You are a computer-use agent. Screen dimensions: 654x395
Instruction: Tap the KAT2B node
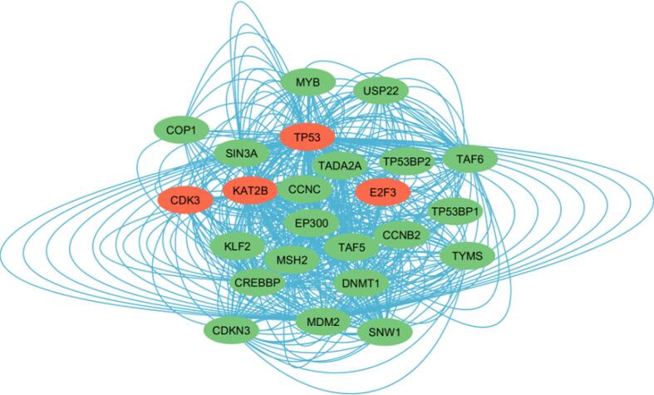(250, 190)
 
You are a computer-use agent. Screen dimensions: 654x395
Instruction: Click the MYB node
(307, 81)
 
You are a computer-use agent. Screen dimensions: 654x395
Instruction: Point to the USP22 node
(379, 91)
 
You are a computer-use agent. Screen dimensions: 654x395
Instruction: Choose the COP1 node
(179, 130)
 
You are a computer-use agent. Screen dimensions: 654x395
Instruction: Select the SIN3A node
(241, 154)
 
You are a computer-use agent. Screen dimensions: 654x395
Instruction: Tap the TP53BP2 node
(406, 161)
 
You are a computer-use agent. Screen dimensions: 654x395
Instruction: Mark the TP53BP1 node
(455, 212)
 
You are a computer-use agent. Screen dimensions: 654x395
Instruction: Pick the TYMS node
(467, 254)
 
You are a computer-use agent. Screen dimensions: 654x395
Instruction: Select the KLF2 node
(238, 246)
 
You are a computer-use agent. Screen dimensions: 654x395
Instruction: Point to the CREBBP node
(259, 283)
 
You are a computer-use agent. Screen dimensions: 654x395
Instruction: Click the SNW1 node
(385, 333)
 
